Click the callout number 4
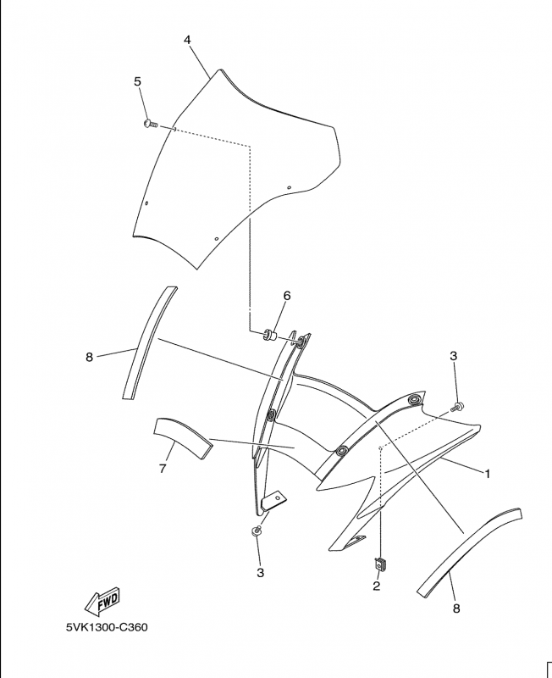tap(187, 40)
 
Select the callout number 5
tap(137, 81)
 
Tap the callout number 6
tap(287, 296)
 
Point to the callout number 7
tap(163, 469)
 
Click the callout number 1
tap(488, 474)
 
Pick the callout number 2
tap(376, 586)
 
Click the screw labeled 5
tap(151, 125)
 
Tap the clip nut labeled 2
tap(379, 564)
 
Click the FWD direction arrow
tap(102, 602)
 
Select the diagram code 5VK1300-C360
tap(107, 627)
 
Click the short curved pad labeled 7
tap(183, 437)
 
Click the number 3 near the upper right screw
tap(453, 356)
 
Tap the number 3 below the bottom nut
tap(260, 573)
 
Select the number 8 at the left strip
tap(90, 357)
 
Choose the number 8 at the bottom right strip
tap(456, 609)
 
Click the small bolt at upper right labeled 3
tap(457, 407)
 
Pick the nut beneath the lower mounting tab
tap(257, 531)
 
